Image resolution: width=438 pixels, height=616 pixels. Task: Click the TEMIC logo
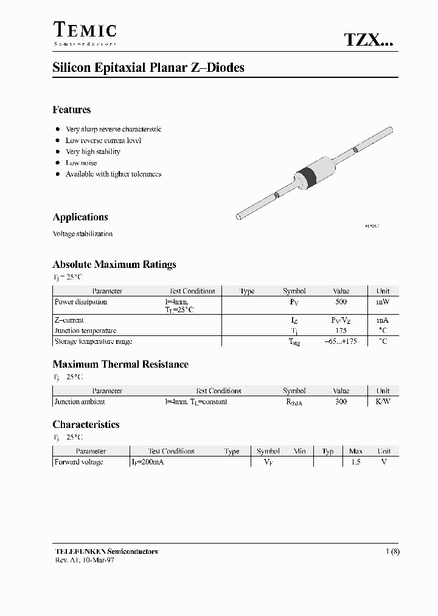(85, 32)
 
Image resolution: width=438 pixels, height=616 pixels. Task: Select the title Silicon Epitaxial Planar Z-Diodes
(148, 68)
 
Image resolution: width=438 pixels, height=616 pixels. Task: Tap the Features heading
(72, 110)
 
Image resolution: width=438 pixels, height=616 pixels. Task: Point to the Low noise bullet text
(81, 163)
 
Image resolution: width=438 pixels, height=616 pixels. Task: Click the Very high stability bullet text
(93, 152)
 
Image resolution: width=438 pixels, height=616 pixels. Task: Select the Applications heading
(80, 217)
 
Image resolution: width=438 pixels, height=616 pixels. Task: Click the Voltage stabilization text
(83, 234)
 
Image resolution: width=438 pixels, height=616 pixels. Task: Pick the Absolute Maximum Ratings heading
(114, 265)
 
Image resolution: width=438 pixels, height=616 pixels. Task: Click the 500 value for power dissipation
(341, 302)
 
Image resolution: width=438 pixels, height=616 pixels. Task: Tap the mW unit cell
(383, 302)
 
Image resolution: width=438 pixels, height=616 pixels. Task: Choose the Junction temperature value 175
(341, 331)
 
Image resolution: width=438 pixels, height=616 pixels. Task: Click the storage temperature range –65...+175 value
(341, 341)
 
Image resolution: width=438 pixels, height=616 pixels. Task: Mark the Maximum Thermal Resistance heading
(120, 365)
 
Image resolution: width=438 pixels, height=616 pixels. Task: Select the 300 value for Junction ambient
(341, 402)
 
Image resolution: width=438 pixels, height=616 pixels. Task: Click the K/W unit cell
(383, 402)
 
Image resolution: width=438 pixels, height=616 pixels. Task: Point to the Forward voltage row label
(79, 462)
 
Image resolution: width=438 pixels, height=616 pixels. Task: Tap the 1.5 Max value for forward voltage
(355, 462)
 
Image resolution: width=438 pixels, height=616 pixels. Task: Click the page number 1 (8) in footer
(392, 551)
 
